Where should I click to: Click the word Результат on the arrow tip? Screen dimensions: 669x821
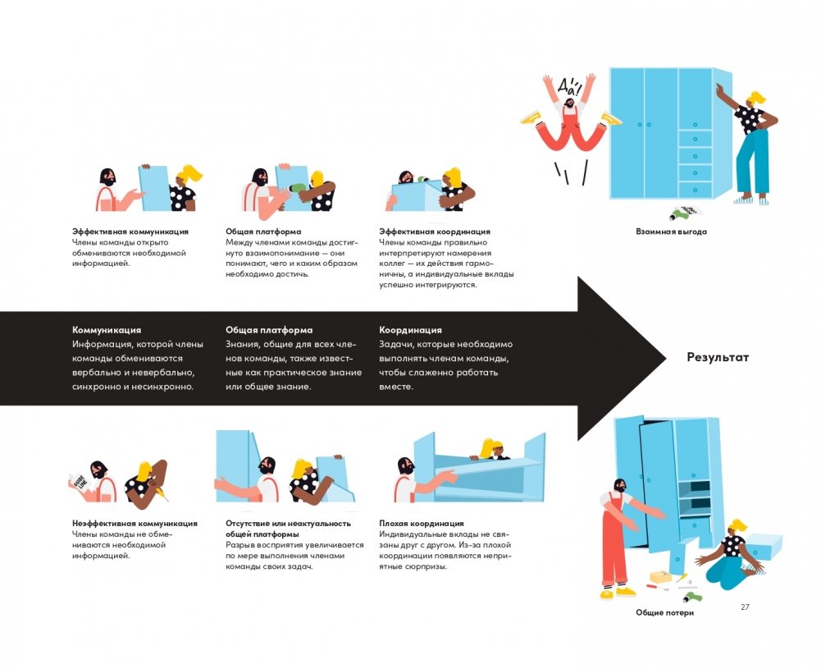tap(718, 358)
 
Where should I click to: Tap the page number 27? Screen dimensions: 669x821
tap(745, 607)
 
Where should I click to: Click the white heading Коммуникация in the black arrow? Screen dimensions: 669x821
tap(107, 330)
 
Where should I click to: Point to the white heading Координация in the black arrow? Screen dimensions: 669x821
tap(410, 330)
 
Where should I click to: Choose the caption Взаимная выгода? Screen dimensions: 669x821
tap(671, 231)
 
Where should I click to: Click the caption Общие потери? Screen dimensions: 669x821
tap(664, 612)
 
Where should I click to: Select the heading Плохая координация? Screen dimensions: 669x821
tap(422, 523)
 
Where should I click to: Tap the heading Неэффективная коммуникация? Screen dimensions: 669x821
tap(135, 523)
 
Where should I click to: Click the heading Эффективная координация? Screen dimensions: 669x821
tap(435, 231)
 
